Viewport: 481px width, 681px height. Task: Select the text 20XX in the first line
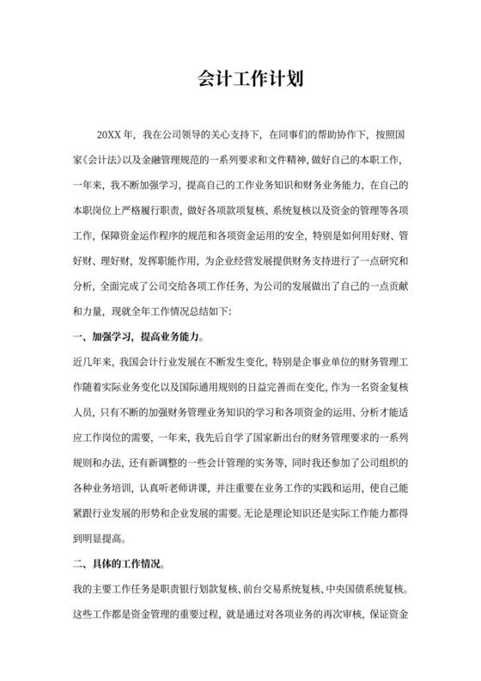pyautogui.click(x=109, y=135)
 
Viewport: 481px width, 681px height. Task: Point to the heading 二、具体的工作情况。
pyautogui.click(x=118, y=565)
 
